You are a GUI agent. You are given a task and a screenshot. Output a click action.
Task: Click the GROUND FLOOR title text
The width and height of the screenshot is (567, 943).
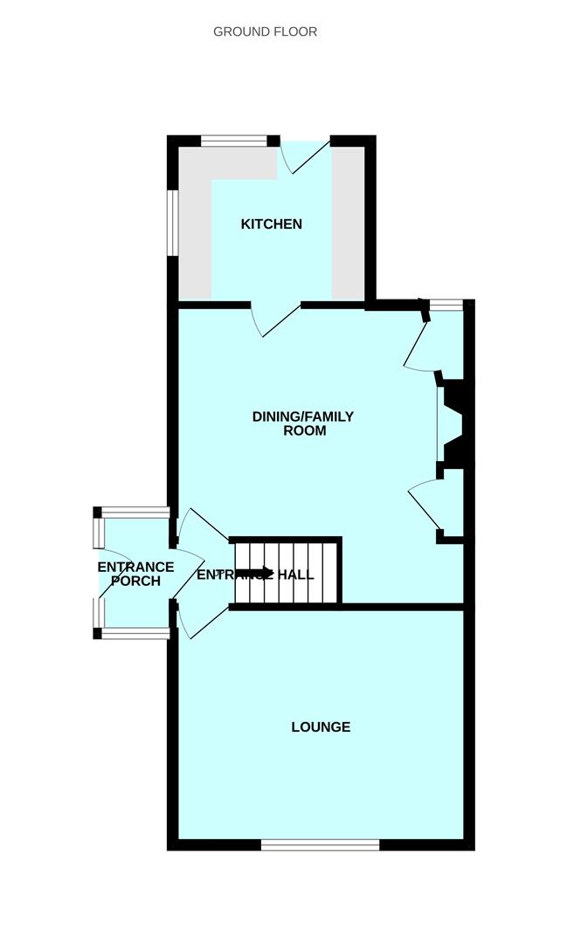pos(265,32)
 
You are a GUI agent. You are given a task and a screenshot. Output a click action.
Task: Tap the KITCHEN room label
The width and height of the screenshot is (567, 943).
pos(272,224)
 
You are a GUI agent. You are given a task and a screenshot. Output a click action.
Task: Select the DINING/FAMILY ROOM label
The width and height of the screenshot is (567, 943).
pos(303,423)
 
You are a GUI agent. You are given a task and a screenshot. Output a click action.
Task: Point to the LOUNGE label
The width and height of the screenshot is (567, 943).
pos(321,727)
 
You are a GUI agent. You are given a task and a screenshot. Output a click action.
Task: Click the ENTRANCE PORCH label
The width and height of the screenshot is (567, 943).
pos(136,574)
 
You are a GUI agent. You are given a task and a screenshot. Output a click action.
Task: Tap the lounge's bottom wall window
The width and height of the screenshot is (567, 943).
pos(321,845)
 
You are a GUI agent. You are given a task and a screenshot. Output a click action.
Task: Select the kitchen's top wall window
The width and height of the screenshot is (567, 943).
pos(233,141)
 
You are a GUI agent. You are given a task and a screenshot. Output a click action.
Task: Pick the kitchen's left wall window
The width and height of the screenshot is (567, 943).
pos(173,223)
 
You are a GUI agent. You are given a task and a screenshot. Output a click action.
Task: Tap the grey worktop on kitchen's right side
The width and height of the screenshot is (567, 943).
pos(348,223)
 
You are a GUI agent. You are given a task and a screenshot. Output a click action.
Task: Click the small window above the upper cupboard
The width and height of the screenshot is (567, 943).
pos(446,305)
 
